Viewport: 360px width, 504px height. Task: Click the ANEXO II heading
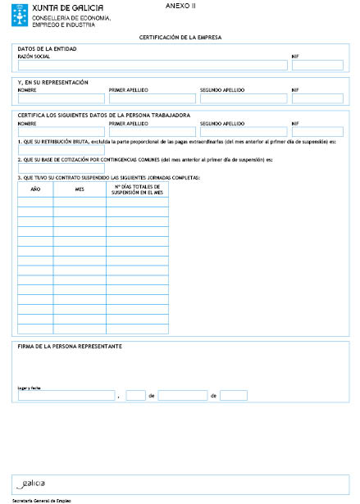(x=180, y=6)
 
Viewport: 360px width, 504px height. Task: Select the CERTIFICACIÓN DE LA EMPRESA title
(x=180, y=38)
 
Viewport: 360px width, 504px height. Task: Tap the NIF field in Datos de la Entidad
(x=317, y=66)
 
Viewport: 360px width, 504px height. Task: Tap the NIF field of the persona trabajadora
(x=317, y=131)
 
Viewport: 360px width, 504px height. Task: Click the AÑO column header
(x=35, y=189)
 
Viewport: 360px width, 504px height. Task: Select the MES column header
(x=80, y=189)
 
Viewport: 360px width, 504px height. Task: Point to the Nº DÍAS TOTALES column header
(x=137, y=189)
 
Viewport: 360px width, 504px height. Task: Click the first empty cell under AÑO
(x=35, y=202)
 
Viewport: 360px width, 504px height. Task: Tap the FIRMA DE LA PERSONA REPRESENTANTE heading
(x=70, y=347)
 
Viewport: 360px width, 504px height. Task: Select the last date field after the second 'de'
(x=233, y=395)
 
